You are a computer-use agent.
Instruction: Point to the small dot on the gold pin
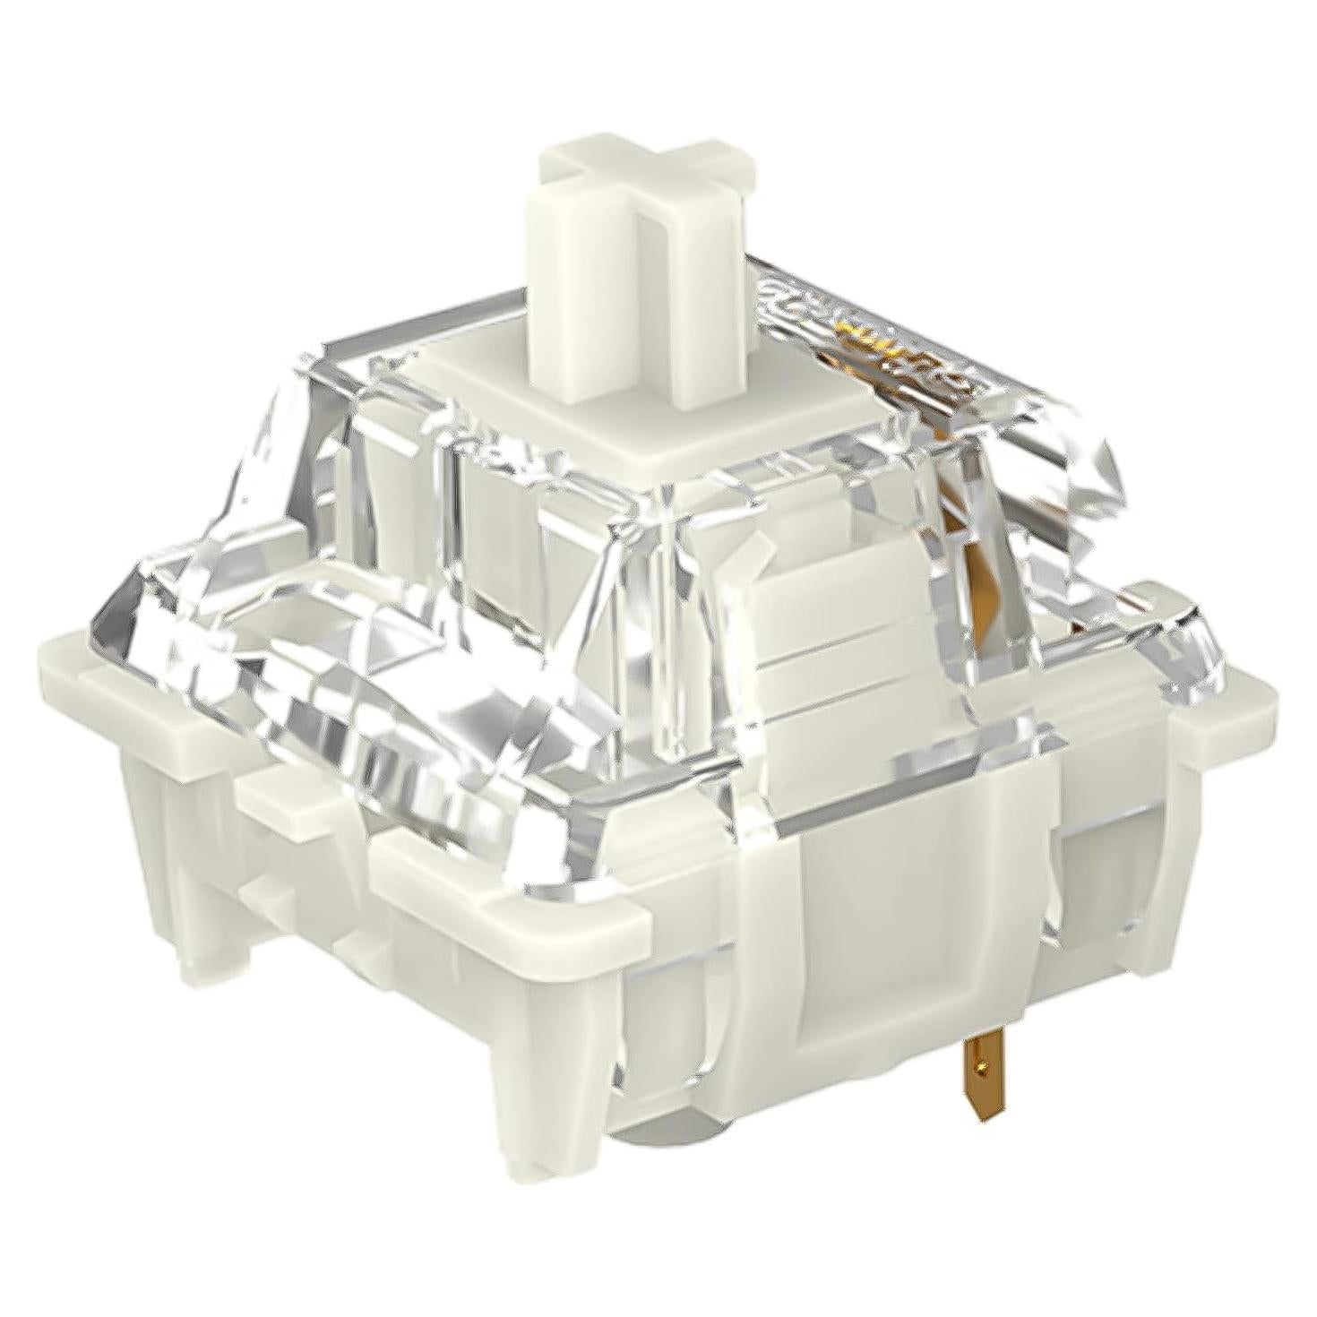(x=983, y=1066)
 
